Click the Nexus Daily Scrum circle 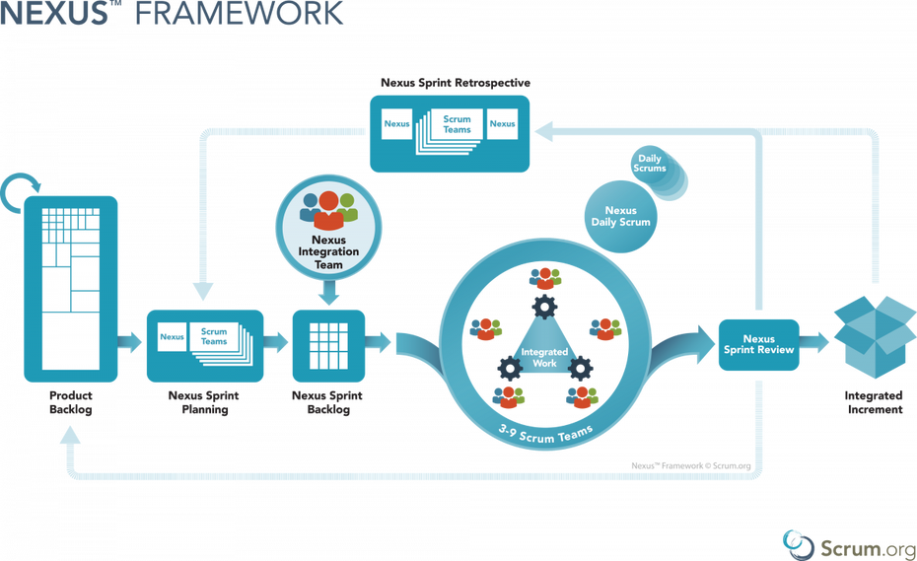(x=620, y=217)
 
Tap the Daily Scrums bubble (x=651, y=165)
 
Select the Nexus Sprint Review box (x=758, y=344)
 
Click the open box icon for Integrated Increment (x=875, y=336)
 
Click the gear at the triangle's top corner (x=544, y=307)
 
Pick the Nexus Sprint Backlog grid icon (x=328, y=346)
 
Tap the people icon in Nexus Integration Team (x=328, y=211)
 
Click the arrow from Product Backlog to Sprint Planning (x=129, y=342)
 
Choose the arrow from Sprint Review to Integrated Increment (x=814, y=342)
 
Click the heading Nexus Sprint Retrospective (x=456, y=83)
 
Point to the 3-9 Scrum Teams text (x=545, y=435)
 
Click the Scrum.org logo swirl (x=798, y=545)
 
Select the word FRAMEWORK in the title (x=240, y=13)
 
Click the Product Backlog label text (x=71, y=402)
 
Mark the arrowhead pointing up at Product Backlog (x=70, y=435)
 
